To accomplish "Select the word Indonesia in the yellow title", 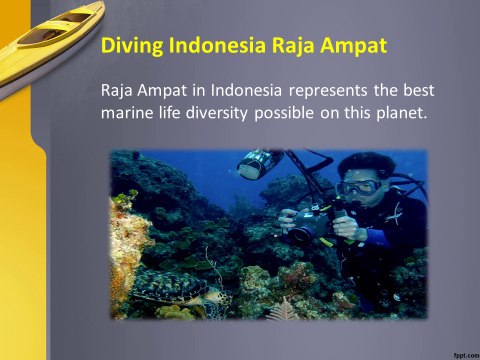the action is [217, 45].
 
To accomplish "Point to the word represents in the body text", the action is [328, 91].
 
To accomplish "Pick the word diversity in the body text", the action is [217, 113].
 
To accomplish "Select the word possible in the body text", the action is [284, 113].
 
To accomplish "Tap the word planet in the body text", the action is [402, 113].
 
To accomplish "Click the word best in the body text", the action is [419, 90].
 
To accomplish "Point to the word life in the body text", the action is [169, 113].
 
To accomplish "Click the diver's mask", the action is [358, 187].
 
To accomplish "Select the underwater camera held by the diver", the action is [306, 224].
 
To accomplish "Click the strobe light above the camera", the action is [259, 164].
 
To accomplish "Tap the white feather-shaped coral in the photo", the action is [283, 310].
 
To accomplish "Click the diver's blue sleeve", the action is [377, 236].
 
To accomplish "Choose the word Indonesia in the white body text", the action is [246, 90].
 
